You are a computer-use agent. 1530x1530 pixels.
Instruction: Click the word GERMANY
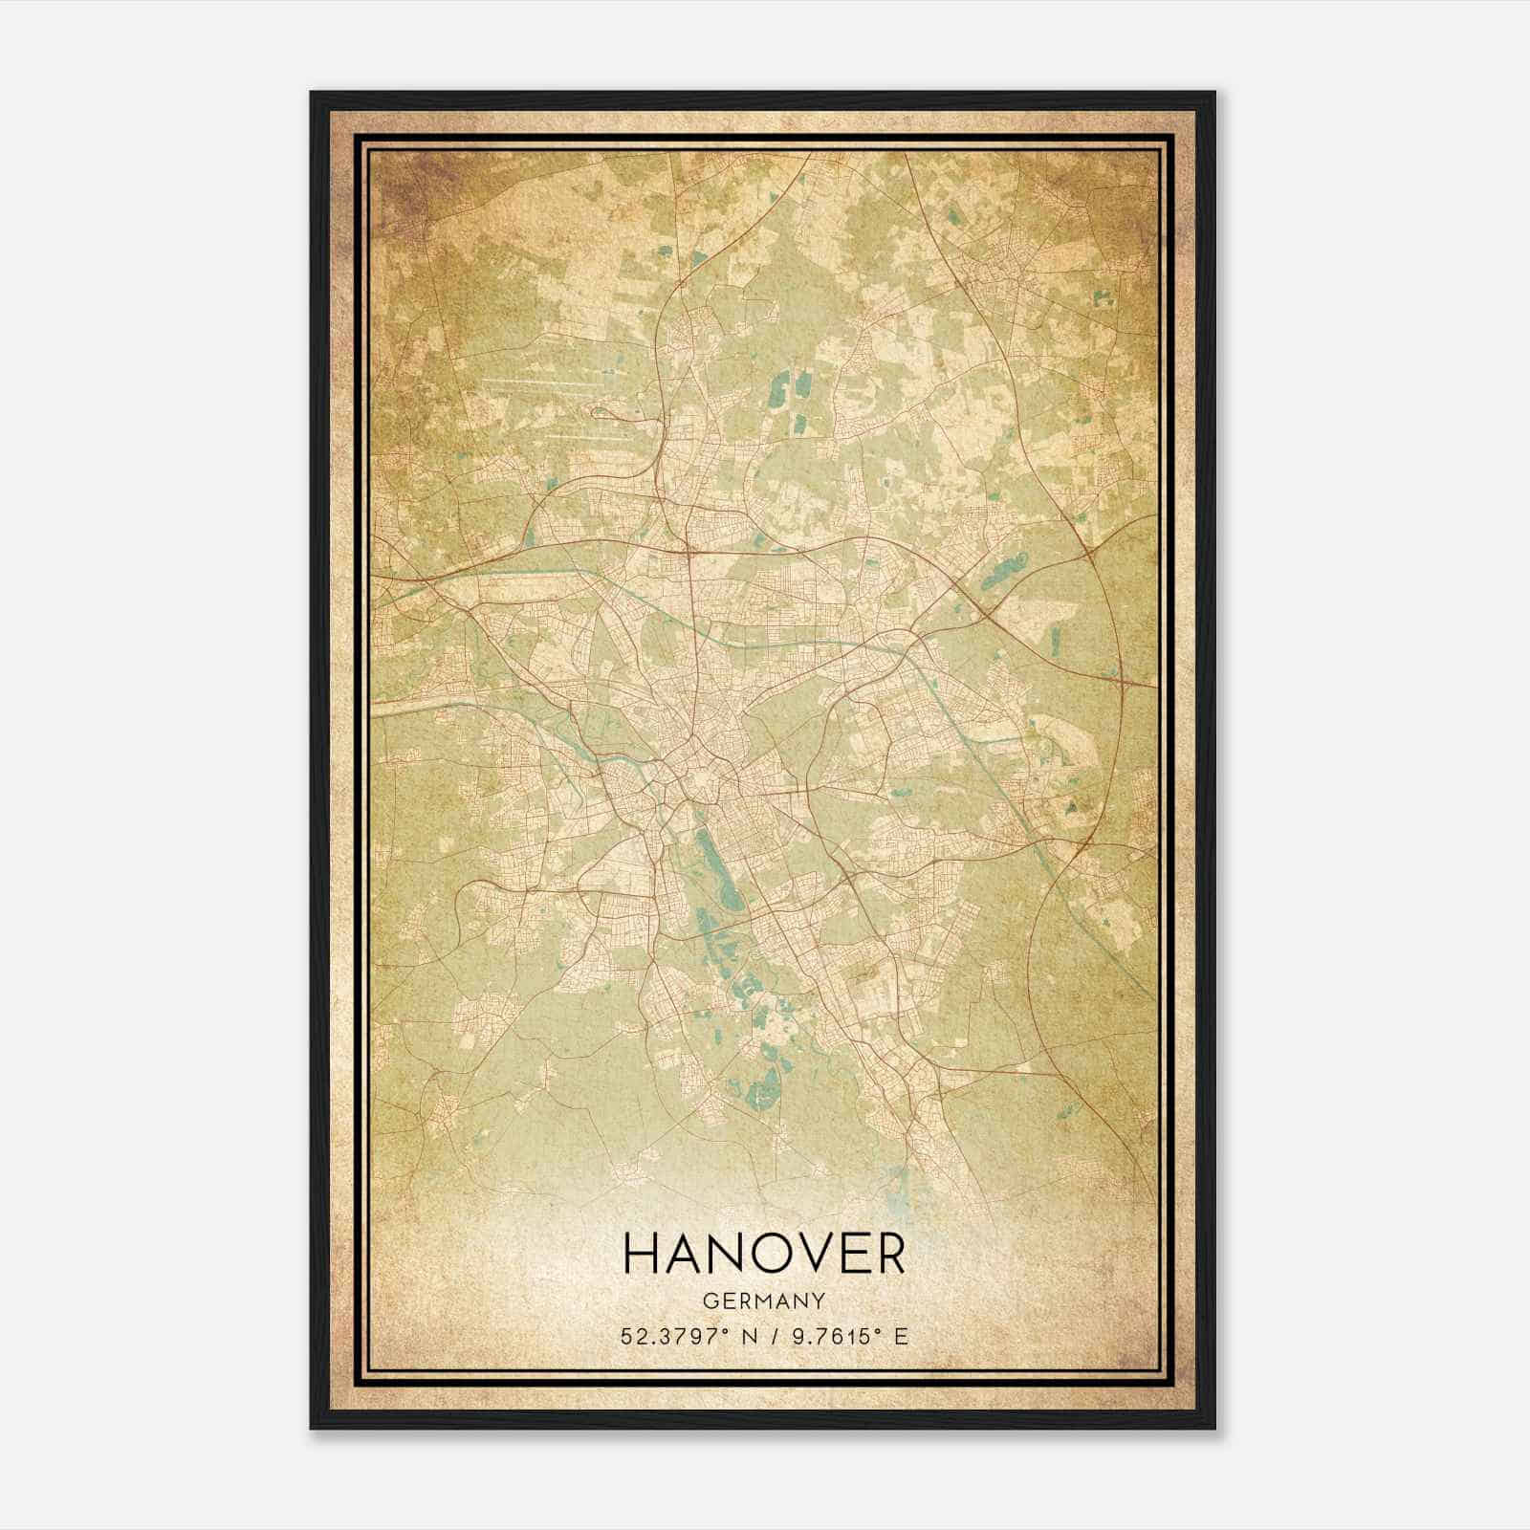pyautogui.click(x=764, y=1300)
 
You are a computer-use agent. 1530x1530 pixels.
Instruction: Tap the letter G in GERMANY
pyautogui.click(x=709, y=1300)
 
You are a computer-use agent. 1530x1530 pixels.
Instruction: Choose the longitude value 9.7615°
pyautogui.click(x=831, y=1336)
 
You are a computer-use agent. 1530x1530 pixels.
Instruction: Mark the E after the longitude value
pyautogui.click(x=900, y=1336)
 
